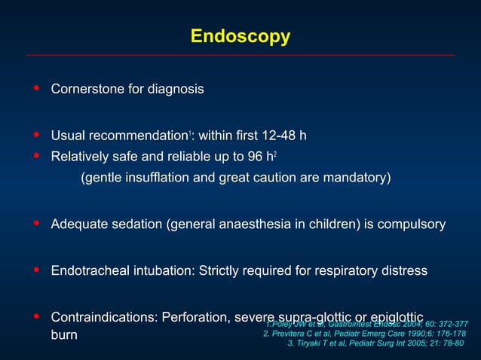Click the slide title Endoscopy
click(x=240, y=36)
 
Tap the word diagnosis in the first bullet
click(x=173, y=89)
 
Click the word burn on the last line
click(x=64, y=334)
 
